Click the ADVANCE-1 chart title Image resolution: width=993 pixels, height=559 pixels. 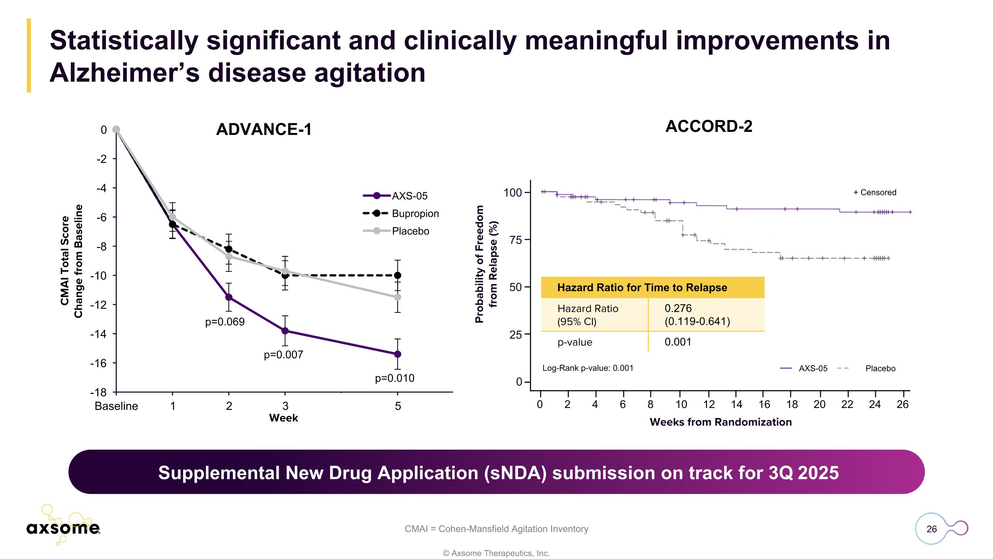tap(264, 129)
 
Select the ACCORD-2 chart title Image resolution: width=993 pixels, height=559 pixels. tap(709, 127)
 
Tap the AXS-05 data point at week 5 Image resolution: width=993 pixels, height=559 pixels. tap(398, 354)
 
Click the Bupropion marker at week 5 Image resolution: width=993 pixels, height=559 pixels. tap(398, 275)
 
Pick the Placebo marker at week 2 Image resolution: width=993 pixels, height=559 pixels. tap(229, 256)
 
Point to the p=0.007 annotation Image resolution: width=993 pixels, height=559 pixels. tap(283, 355)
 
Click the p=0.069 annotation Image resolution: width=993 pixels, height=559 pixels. tap(225, 322)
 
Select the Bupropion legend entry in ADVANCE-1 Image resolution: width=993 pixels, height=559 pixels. tap(415, 213)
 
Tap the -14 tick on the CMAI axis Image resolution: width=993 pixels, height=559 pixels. tap(98, 334)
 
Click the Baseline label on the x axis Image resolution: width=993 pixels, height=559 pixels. tap(116, 406)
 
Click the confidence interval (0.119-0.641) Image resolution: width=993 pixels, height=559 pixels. tap(697, 321)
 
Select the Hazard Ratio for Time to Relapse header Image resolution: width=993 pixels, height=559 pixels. tap(642, 287)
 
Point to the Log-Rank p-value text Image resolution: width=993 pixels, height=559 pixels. tap(588, 368)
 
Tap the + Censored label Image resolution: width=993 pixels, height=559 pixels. tap(875, 192)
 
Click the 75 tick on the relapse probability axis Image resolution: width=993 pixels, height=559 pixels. tap(515, 240)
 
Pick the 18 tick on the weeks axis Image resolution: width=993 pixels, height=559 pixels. tap(792, 404)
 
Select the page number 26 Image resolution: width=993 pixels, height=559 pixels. tap(931, 529)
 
